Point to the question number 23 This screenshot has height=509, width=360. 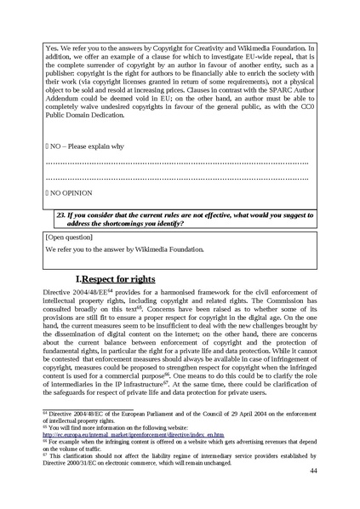coord(60,216)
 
